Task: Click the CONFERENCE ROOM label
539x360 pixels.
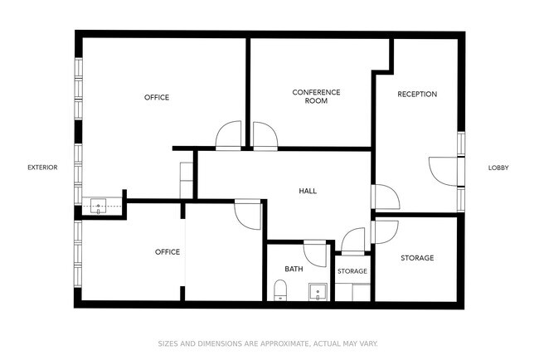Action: pos(316,96)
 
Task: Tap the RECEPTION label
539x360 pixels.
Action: pos(417,95)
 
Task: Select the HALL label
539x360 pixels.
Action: pos(308,191)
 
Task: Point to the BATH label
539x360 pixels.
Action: pos(294,269)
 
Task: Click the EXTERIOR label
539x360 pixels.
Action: pos(42,168)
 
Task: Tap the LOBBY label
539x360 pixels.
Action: pos(498,168)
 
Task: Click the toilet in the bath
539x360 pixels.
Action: pos(280,289)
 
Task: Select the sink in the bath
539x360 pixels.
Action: pos(318,292)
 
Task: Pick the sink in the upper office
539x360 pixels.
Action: pos(99,206)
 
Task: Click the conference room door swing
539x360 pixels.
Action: pos(265,137)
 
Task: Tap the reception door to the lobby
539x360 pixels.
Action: pos(444,171)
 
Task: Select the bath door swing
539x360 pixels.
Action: pos(315,253)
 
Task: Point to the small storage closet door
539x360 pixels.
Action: pos(353,241)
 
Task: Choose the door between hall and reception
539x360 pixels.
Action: pos(386,197)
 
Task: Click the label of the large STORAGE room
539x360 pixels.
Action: pos(417,258)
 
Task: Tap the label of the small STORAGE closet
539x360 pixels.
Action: pos(352,271)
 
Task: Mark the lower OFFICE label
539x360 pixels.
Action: pos(168,252)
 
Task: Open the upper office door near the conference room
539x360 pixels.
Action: pos(229,135)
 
